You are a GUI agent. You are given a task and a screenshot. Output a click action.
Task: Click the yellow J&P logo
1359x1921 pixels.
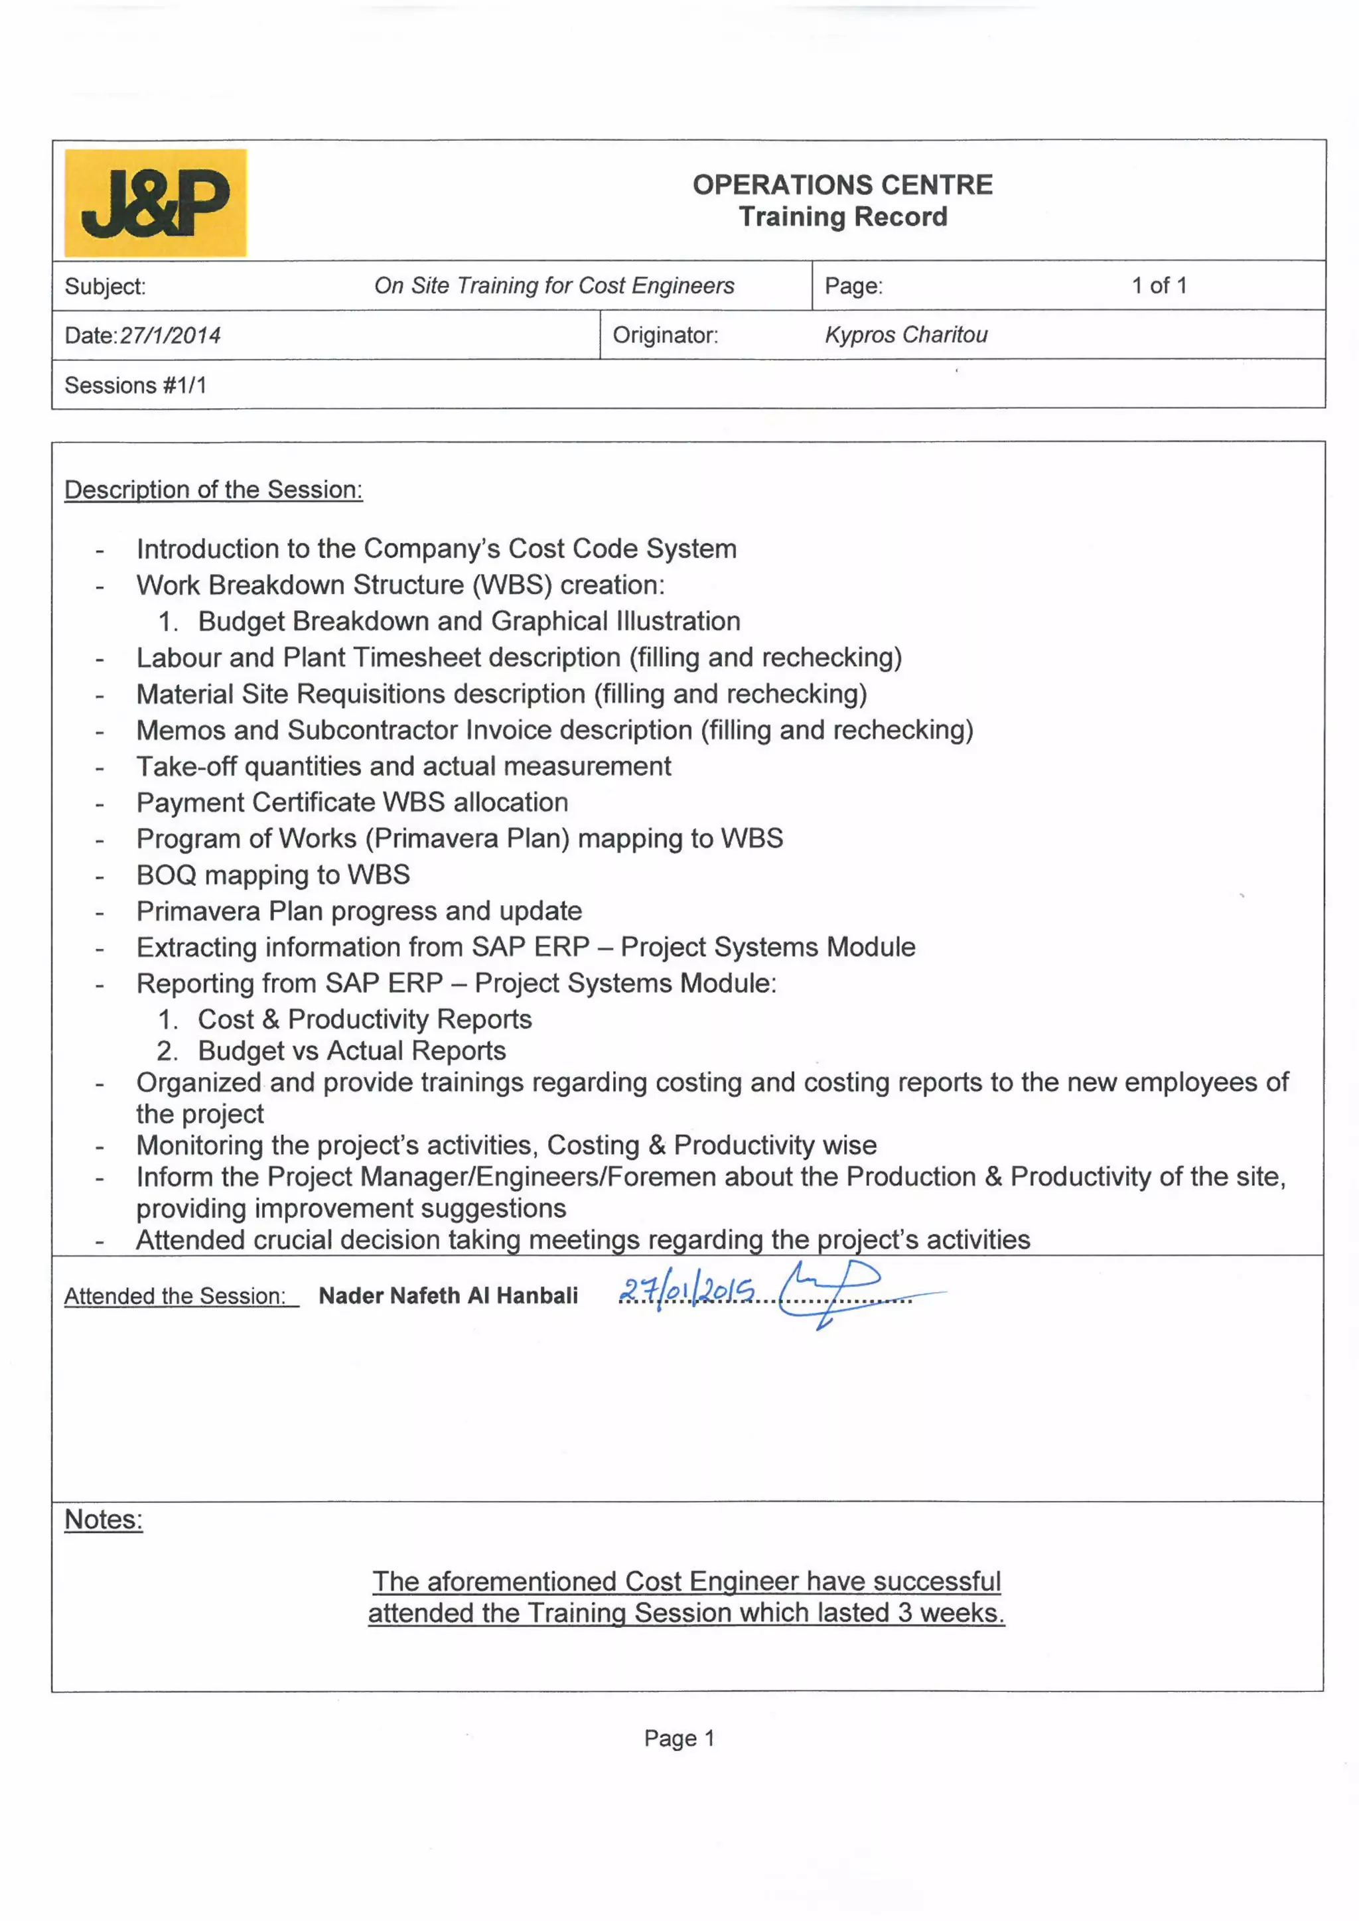tap(156, 202)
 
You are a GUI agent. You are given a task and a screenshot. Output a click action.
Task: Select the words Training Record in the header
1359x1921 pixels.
tap(842, 217)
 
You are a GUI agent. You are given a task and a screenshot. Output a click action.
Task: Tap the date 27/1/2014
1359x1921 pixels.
tap(170, 336)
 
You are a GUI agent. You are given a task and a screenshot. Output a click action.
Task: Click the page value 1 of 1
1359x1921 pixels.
tap(1159, 285)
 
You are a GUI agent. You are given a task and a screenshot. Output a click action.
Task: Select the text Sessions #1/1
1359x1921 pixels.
tap(135, 385)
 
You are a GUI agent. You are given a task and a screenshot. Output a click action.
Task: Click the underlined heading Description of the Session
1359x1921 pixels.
tap(214, 490)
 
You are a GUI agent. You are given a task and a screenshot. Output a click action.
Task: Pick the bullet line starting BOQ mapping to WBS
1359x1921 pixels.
tap(273, 875)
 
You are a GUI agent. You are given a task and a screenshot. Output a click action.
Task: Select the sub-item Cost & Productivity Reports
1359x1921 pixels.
tap(364, 1019)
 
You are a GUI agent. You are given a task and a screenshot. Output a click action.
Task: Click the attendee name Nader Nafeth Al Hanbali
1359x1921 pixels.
tap(448, 1295)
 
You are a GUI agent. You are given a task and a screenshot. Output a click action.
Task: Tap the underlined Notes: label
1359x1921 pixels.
tap(104, 1519)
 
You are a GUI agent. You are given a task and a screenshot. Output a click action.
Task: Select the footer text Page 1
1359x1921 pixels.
tap(679, 1738)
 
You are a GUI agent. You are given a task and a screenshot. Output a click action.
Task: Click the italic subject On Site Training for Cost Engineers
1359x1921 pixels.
tap(554, 285)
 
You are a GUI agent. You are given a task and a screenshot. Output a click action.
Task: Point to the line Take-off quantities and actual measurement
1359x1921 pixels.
tap(403, 766)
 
